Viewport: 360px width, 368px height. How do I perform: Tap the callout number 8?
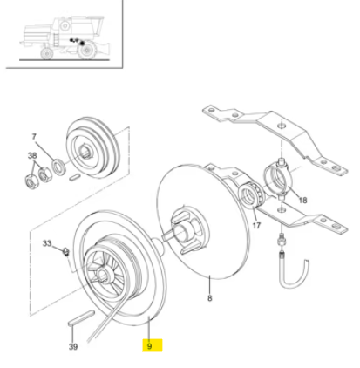pyautogui.click(x=209, y=298)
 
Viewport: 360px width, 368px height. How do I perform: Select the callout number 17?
pyautogui.click(x=256, y=225)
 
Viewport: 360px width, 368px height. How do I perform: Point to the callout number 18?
pyautogui.click(x=302, y=201)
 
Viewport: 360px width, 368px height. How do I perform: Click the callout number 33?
pyautogui.click(x=47, y=243)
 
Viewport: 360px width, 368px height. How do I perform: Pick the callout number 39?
pyautogui.click(x=73, y=346)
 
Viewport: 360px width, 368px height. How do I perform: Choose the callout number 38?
pyautogui.click(x=32, y=156)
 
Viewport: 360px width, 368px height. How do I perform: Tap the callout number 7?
pyautogui.click(x=34, y=136)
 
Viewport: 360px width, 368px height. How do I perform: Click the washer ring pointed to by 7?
pyautogui.click(x=58, y=167)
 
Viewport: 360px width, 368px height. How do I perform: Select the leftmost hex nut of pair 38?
pyautogui.click(x=31, y=181)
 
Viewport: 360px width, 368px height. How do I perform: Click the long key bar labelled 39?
pyautogui.click(x=81, y=318)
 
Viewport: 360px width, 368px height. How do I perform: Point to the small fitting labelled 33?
pyautogui.click(x=66, y=251)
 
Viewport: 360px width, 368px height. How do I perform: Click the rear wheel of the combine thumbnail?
pyautogui.click(x=86, y=50)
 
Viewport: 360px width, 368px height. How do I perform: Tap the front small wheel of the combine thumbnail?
pyautogui.click(x=46, y=53)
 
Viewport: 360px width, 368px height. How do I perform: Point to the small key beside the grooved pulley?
pyautogui.click(x=75, y=177)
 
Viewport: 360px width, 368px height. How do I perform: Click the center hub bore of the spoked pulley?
pyautogui.click(x=102, y=274)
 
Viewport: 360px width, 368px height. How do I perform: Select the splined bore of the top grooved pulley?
pyautogui.click(x=85, y=152)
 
